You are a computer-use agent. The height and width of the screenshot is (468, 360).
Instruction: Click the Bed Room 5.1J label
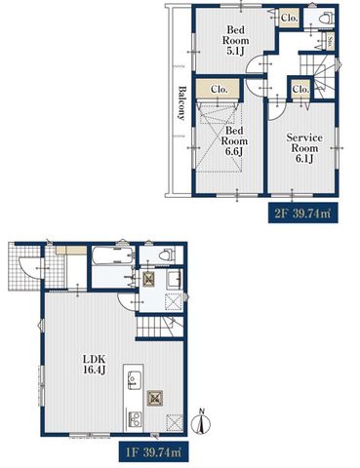[x=235, y=41]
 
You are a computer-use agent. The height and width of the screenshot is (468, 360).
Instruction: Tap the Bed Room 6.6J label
[x=234, y=141]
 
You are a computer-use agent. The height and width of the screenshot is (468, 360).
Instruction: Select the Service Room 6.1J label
[x=304, y=148]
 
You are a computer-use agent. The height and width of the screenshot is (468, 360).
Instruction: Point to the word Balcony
[x=181, y=103]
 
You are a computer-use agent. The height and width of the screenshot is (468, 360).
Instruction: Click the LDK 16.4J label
[x=95, y=365]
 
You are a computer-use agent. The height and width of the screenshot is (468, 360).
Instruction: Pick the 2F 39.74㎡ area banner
[x=302, y=214]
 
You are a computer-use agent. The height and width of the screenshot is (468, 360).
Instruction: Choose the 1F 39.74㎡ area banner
[x=153, y=451]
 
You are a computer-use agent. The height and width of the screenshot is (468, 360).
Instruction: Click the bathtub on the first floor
[x=113, y=256]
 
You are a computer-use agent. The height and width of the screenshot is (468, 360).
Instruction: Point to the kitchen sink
[x=133, y=378]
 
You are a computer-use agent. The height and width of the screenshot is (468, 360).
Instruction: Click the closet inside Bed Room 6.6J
[x=219, y=89]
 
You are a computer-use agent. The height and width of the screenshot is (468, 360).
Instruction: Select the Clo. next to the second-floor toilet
[x=289, y=19]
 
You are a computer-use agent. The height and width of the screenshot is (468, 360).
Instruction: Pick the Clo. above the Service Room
[x=300, y=89]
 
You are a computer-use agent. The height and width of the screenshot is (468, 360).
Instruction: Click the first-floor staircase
[x=159, y=327]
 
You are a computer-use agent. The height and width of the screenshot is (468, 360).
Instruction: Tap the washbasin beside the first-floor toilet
[x=174, y=278]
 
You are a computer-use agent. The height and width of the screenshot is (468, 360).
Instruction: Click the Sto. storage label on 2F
[x=330, y=41]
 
